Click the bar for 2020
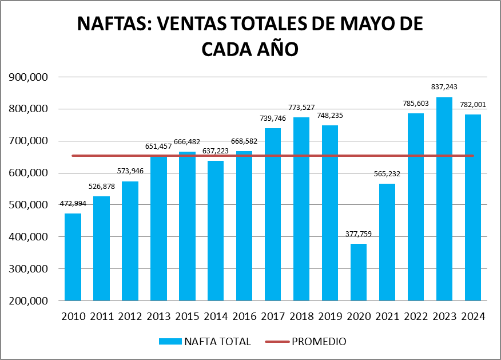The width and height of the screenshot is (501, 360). [359, 272]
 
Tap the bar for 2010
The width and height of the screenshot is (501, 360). [73, 257]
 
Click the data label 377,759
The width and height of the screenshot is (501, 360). [359, 234]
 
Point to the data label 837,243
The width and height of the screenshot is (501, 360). [444, 86]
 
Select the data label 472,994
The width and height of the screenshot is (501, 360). [73, 203]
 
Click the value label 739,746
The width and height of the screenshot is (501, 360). [273, 118]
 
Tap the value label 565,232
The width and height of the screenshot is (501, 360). [387, 173]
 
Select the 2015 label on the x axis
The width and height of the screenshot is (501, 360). [187, 317]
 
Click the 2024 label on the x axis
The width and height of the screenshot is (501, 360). [473, 317]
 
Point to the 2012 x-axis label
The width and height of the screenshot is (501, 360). [130, 317]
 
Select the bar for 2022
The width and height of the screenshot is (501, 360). [416, 207]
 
